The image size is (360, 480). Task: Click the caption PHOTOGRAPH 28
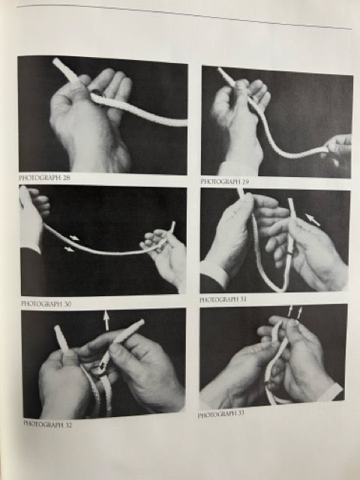[x=45, y=178]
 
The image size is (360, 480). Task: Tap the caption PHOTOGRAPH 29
[x=224, y=181]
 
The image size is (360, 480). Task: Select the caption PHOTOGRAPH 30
[x=46, y=303]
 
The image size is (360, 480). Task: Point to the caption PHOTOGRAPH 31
[x=223, y=299]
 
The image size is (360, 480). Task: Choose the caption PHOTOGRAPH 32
[x=48, y=424]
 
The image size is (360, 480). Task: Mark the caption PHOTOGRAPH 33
[x=221, y=414]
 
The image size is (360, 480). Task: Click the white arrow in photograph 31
[x=313, y=220]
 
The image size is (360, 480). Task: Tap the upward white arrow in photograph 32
[x=106, y=320]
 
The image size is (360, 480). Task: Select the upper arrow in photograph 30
[x=74, y=238]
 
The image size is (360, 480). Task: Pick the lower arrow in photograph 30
[x=69, y=249]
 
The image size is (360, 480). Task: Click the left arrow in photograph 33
[x=290, y=310]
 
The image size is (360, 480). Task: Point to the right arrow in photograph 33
[x=299, y=312]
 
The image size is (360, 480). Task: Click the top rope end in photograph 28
[x=55, y=61]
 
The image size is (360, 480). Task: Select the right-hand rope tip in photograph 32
[x=142, y=322]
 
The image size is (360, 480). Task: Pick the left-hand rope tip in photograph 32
[x=57, y=328]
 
